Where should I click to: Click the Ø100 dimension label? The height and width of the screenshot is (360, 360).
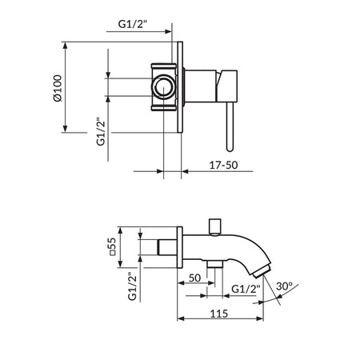click(58, 88)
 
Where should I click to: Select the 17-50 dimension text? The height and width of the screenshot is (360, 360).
click(223, 165)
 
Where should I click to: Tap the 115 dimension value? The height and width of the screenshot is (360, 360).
click(219, 314)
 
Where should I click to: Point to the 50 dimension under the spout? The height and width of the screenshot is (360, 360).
click(194, 278)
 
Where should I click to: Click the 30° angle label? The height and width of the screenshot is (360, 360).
click(285, 286)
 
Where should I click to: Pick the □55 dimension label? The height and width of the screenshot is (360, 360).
click(113, 246)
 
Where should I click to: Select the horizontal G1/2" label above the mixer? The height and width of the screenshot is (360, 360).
click(133, 24)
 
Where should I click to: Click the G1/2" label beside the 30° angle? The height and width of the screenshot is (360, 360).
click(246, 289)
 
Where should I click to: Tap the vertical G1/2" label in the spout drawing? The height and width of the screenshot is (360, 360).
click(132, 286)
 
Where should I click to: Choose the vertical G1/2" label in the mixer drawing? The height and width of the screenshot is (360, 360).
click(102, 131)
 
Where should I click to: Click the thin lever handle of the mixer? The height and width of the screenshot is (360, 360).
click(230, 127)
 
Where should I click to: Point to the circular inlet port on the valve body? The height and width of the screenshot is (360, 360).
click(164, 87)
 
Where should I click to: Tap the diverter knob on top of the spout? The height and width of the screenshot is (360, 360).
click(215, 227)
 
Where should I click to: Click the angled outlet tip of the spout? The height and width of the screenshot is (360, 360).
click(262, 270)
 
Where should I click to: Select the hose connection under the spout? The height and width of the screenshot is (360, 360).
click(215, 264)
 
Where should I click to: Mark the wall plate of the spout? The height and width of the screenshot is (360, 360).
click(180, 247)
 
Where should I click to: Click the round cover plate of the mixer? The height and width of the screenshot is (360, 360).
click(180, 87)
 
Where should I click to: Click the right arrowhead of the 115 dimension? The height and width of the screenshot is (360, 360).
click(260, 318)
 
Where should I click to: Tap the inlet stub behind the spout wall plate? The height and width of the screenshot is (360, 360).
click(167, 247)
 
